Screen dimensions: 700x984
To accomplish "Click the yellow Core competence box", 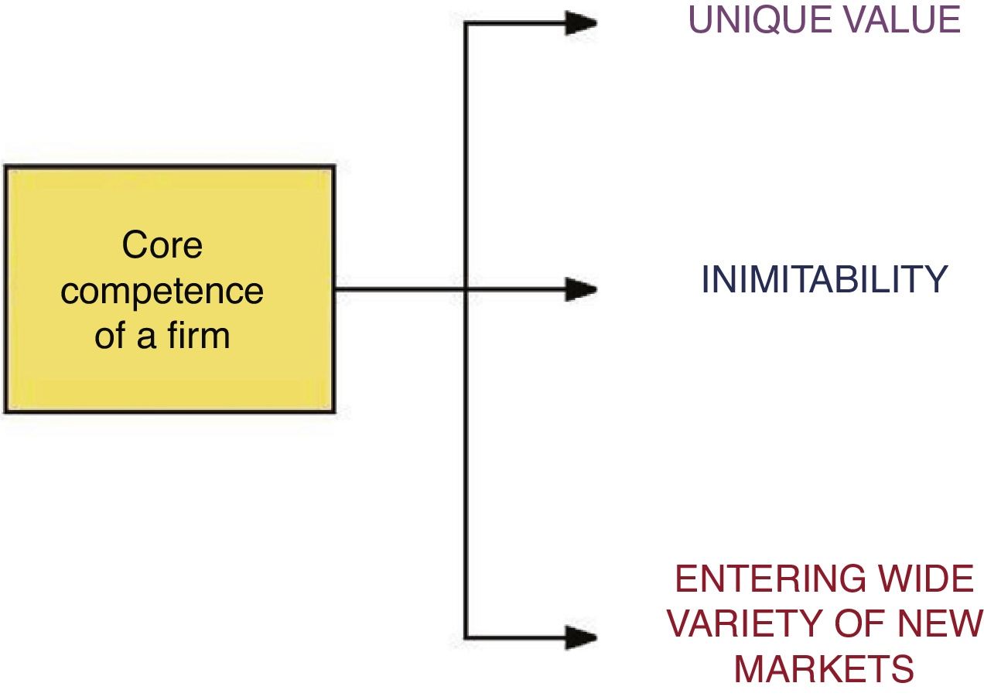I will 169,289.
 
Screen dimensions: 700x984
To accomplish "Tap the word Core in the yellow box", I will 162,246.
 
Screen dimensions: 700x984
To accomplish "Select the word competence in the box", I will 162,292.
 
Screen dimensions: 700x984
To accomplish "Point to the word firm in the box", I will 200,337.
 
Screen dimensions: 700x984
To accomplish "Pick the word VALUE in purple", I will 900,21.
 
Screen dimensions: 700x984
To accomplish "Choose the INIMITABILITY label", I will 824,280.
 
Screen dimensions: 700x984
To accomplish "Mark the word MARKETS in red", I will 824,669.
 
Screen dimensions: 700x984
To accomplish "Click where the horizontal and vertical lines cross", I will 465,290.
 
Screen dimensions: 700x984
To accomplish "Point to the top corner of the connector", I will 465,23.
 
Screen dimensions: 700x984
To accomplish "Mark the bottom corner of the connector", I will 465,638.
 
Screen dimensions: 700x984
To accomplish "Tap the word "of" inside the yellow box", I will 111,337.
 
